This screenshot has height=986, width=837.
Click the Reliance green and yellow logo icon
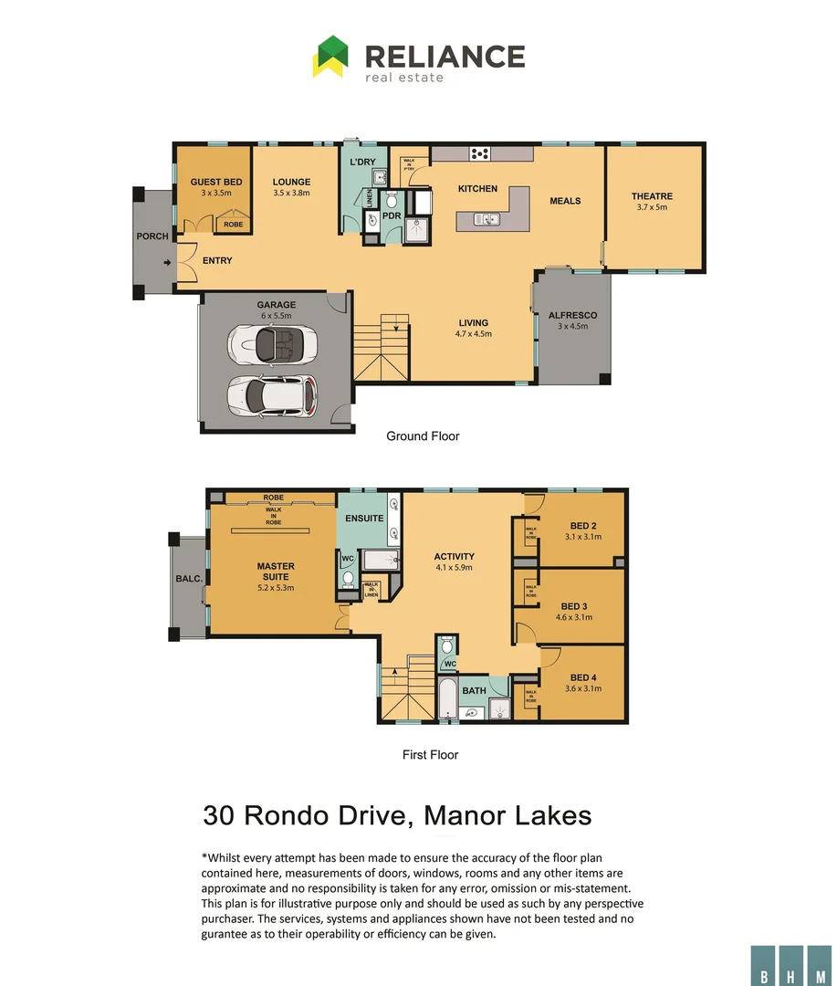pos(330,56)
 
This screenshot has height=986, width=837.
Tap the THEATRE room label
pos(652,196)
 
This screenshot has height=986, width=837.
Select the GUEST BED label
pos(216,183)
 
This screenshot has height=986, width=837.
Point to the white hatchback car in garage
pos(273,394)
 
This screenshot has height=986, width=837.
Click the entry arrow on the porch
pos(166,264)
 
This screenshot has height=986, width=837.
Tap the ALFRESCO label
pos(573,315)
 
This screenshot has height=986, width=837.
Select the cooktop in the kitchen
pos(479,153)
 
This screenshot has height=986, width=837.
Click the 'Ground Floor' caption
pos(423,436)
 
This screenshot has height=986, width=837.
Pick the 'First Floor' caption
pos(430,755)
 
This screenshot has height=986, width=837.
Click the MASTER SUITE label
pos(275,572)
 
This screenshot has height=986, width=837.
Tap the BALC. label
pos(188,579)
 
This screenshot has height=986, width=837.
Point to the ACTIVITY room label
pos(454,557)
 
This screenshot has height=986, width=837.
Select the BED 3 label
pos(574,606)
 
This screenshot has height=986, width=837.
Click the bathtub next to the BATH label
pos(447,699)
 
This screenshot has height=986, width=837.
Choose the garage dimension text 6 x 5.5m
pos(275,316)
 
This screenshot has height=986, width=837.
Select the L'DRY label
pos(363,163)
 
